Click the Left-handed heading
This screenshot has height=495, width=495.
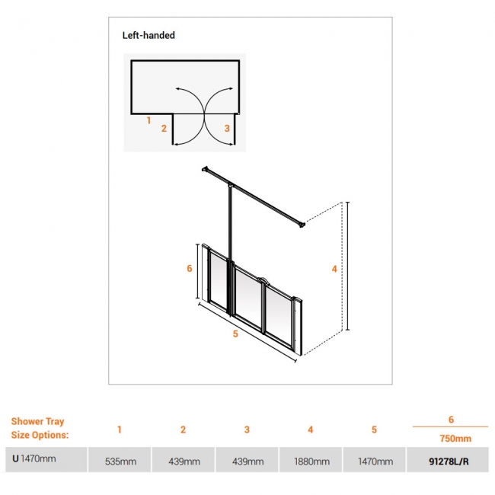[148, 35]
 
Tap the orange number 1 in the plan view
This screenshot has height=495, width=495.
[148, 120]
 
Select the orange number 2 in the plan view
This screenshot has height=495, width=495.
[164, 128]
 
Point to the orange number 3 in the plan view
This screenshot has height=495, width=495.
[227, 128]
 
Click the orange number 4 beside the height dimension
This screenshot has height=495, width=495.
[334, 269]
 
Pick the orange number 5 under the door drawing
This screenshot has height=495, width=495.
[235, 334]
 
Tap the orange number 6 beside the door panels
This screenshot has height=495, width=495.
[189, 268]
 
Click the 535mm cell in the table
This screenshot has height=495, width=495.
[120, 461]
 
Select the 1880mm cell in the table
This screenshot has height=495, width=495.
[312, 461]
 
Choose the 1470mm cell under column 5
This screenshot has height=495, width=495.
[375, 461]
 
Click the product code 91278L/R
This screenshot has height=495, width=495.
[449, 461]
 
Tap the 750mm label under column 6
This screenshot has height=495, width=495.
[455, 439]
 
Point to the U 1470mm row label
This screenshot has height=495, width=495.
[34, 458]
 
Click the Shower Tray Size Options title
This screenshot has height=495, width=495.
[40, 428]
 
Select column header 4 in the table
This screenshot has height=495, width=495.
[310, 430]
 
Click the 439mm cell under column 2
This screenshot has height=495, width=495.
[184, 461]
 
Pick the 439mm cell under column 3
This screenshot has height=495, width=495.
[247, 461]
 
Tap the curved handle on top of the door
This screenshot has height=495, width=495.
[262, 279]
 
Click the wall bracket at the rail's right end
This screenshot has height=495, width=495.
[302, 224]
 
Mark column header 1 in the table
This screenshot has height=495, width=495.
[120, 430]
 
